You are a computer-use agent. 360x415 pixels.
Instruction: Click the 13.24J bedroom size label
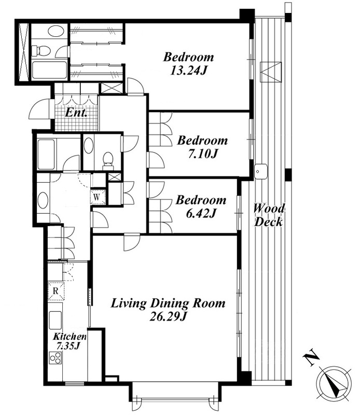pyautogui.click(x=188, y=71)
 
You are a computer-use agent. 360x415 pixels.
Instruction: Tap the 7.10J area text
pyautogui.click(x=202, y=154)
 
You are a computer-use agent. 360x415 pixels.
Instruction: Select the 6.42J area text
pyautogui.click(x=200, y=213)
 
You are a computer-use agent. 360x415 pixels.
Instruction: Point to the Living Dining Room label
pyautogui.click(x=168, y=303)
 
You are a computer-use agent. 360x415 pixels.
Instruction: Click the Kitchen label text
pyautogui.click(x=70, y=337)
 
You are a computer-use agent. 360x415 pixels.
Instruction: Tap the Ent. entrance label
pyautogui.click(x=76, y=113)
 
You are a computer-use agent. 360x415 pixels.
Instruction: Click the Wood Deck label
pyautogui.click(x=268, y=215)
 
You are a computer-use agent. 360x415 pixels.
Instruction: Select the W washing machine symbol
pyautogui.click(x=98, y=197)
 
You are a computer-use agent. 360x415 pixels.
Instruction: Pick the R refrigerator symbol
pyautogui.click(x=56, y=291)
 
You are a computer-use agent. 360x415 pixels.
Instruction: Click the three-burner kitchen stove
pyautogui.click(x=56, y=358)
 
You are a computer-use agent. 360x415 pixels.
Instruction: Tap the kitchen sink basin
pyautogui.click(x=56, y=320)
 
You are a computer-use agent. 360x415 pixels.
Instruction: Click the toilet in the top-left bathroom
pyautogui.click(x=41, y=50)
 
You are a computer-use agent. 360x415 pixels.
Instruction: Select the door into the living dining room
pyautogui.click(x=132, y=242)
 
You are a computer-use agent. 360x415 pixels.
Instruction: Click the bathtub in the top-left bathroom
pyautogui.click(x=49, y=70)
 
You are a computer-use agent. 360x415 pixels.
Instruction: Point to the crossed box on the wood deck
pyautogui.click(x=271, y=72)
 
